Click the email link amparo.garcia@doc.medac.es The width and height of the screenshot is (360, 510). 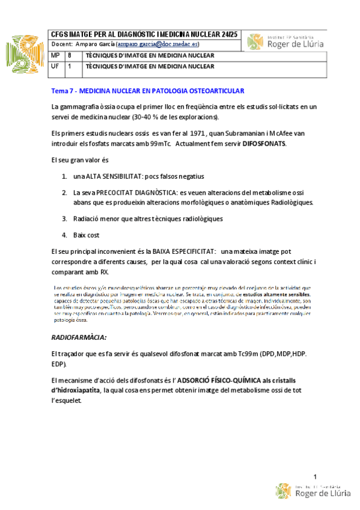[159, 45]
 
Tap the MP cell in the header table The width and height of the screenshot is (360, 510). [55, 56]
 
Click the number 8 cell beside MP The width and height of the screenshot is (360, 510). [70, 56]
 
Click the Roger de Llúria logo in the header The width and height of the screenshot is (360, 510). [286, 41]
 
